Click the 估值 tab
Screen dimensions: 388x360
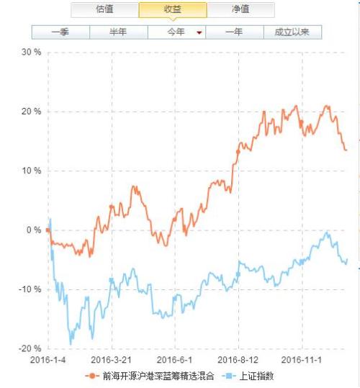pos(104,10)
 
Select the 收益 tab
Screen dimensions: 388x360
pos(172,10)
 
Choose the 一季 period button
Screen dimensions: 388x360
pos(60,32)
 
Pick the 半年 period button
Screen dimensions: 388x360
pos(118,32)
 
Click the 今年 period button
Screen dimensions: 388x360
pos(176,32)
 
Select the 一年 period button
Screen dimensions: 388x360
pos(234,32)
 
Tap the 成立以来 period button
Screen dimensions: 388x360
pos(292,32)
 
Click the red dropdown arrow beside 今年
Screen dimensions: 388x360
pos(199,32)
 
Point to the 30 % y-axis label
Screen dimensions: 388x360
pos(32,53)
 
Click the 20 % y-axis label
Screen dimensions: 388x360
pos(32,112)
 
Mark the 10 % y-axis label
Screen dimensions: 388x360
pos(32,171)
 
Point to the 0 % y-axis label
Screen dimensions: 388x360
pos(34,230)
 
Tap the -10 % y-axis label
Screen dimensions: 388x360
pos(30,289)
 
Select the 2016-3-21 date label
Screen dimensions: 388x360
pos(112,358)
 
